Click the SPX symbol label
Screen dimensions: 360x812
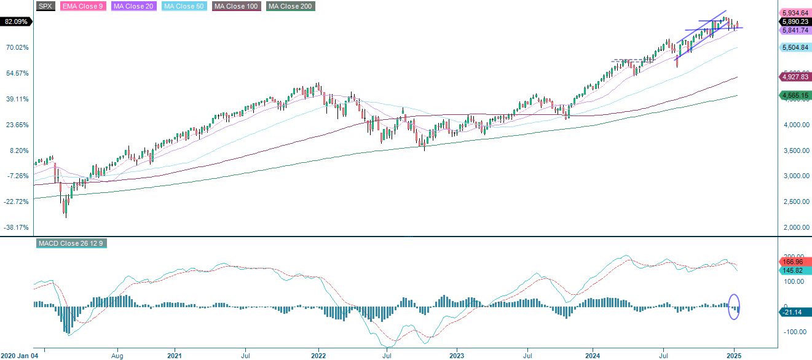(45, 6)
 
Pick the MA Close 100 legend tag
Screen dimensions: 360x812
(236, 6)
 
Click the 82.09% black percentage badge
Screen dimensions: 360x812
(16, 22)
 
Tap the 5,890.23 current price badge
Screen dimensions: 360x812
(794, 21)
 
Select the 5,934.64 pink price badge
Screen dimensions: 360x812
(794, 12)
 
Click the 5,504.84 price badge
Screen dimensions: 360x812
(794, 47)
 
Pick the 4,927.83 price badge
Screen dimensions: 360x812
(794, 77)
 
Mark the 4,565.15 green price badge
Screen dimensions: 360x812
(794, 95)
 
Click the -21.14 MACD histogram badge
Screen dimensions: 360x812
(794, 312)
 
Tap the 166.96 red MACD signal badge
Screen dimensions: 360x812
(794, 262)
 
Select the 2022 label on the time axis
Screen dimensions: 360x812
(318, 355)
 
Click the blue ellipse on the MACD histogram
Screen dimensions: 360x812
(734, 307)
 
